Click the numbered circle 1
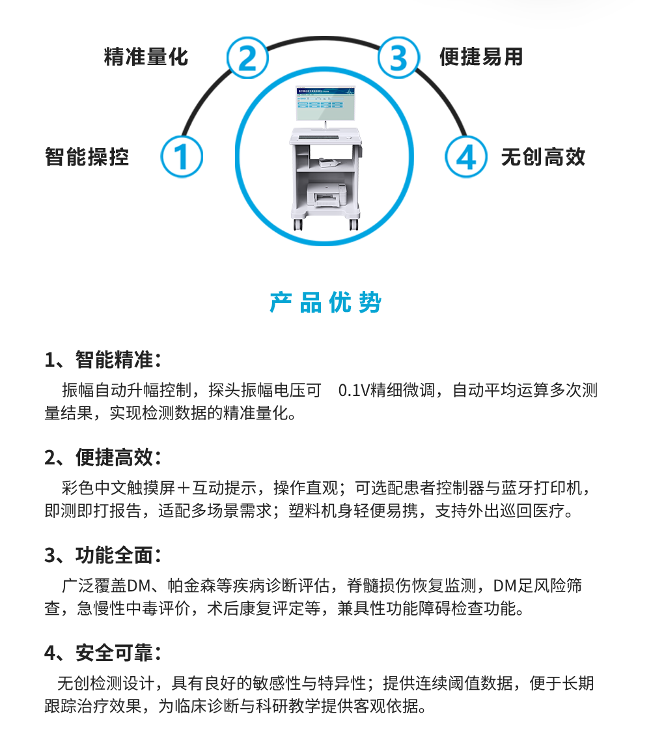click(x=182, y=157)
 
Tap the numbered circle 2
click(x=247, y=57)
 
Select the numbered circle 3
click(x=398, y=57)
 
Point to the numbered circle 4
click(x=465, y=157)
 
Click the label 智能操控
click(x=87, y=157)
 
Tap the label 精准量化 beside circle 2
click(x=146, y=57)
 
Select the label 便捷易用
click(x=481, y=57)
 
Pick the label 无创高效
click(x=544, y=157)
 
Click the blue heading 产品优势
click(x=325, y=302)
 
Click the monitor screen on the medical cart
click(x=325, y=104)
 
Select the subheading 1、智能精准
click(x=103, y=360)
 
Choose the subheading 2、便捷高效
click(x=103, y=457)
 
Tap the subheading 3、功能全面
click(x=103, y=556)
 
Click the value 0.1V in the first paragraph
click(x=354, y=391)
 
